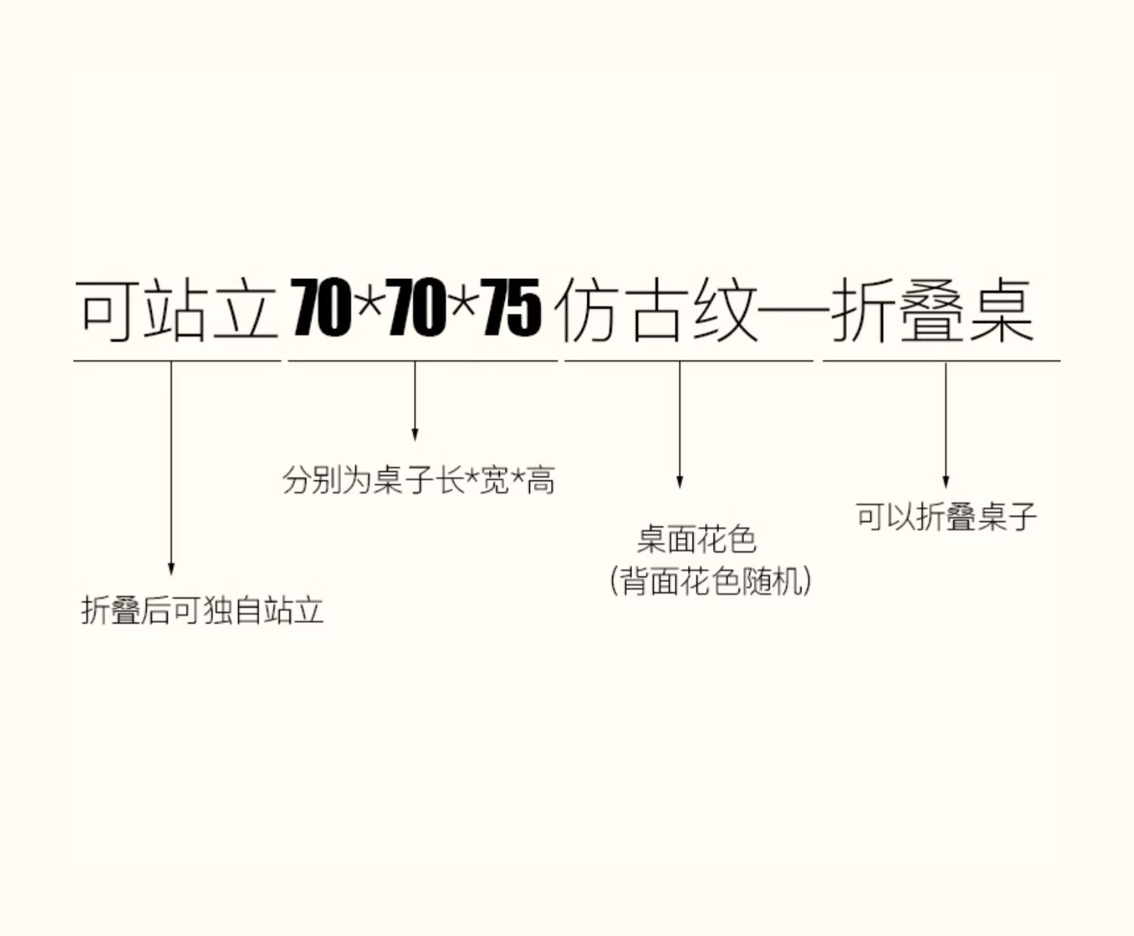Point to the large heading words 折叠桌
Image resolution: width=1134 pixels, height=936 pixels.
click(x=931, y=309)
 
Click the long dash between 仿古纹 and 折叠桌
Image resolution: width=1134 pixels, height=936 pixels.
click(x=794, y=311)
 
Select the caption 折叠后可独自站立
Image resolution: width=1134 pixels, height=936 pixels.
click(x=203, y=610)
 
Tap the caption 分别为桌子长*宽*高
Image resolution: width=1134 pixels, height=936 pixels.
click(x=419, y=480)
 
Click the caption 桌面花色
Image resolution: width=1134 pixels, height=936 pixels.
click(x=696, y=540)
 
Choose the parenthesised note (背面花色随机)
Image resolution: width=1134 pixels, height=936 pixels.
click(x=710, y=581)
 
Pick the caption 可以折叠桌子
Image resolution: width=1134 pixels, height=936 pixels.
click(x=946, y=517)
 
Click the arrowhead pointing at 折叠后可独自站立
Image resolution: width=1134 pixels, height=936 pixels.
click(x=171, y=569)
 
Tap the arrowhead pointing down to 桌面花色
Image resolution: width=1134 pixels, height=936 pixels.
click(x=680, y=482)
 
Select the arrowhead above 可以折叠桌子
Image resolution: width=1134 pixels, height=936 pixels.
click(x=945, y=482)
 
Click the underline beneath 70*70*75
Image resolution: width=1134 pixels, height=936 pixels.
click(x=422, y=361)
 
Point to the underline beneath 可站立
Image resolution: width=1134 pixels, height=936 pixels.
click(x=177, y=361)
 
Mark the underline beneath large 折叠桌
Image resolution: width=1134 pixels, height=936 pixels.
click(x=940, y=361)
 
